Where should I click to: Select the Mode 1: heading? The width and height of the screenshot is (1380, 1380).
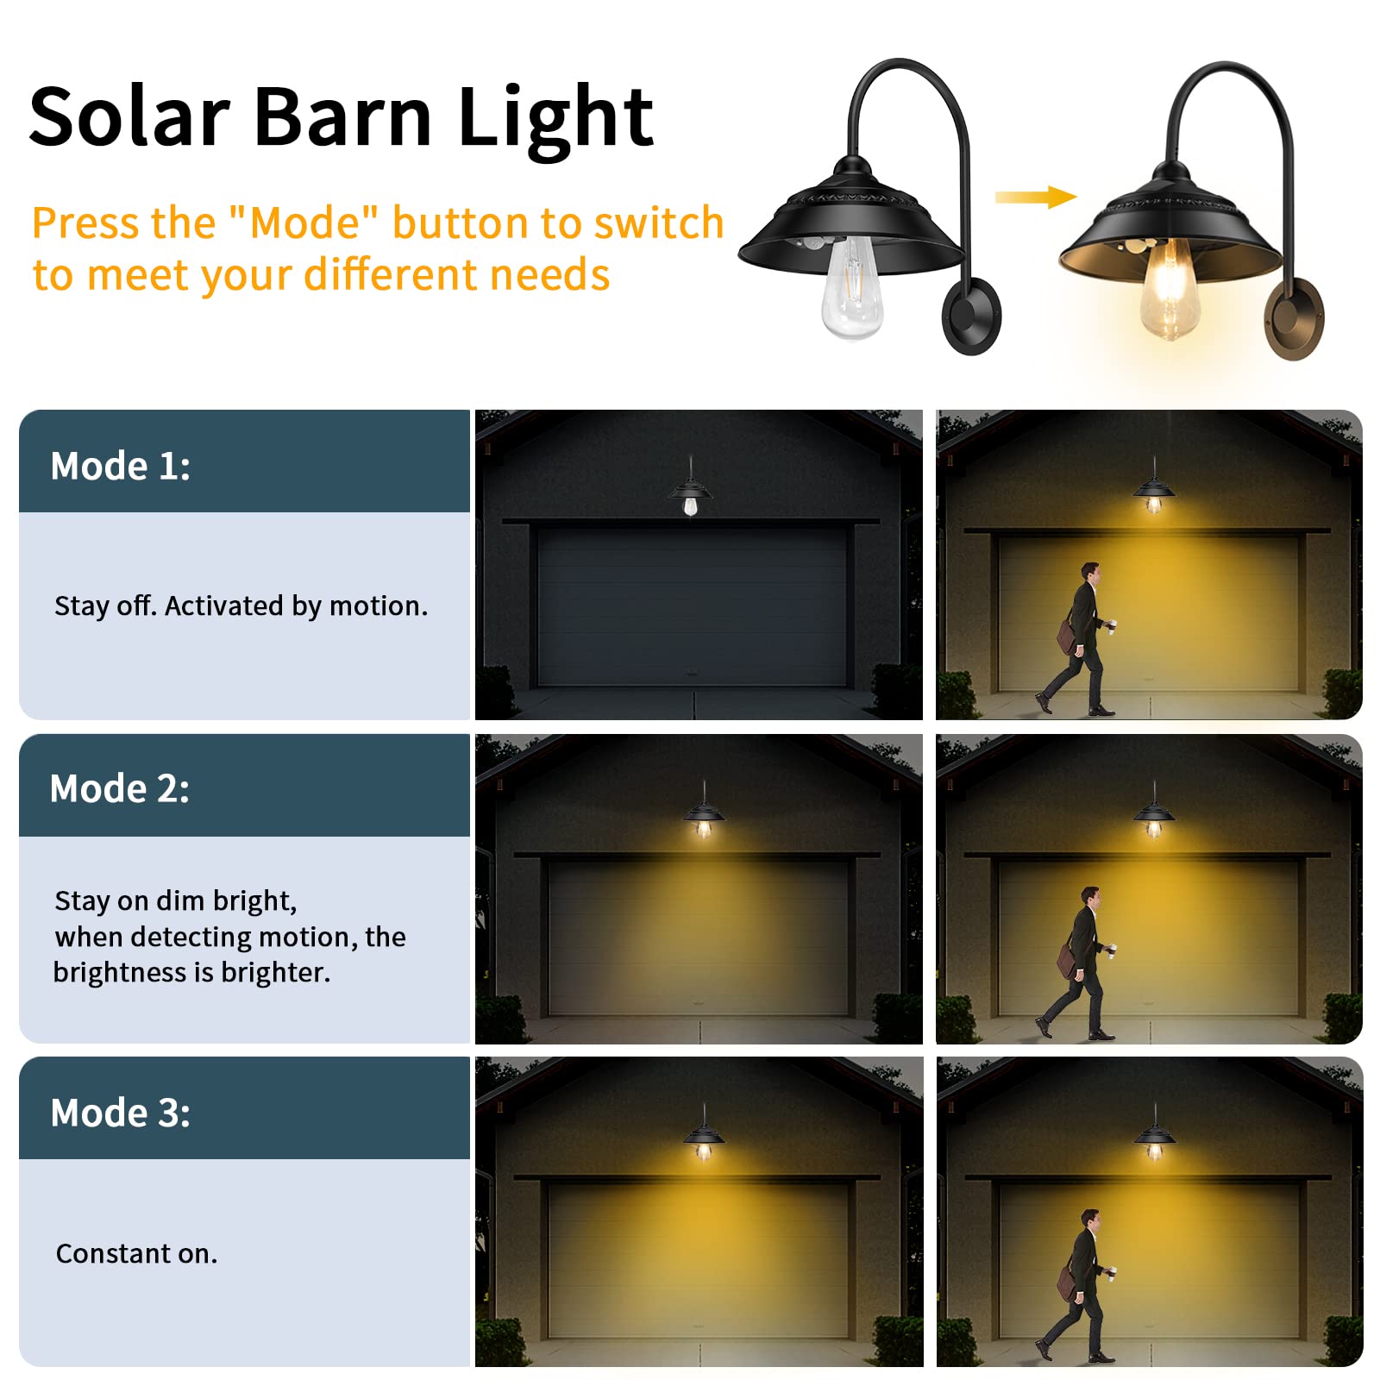click(121, 466)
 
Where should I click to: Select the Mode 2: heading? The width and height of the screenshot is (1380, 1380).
click(120, 788)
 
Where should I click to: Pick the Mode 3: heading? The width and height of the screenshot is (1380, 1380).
click(121, 1113)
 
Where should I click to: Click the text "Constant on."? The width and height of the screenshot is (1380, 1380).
click(136, 1253)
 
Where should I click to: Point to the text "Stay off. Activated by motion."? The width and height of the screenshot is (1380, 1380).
click(241, 606)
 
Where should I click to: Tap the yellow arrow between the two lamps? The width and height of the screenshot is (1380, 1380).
click(1036, 198)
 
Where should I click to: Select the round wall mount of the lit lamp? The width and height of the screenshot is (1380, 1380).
click(1294, 318)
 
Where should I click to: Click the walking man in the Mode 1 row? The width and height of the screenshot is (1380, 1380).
click(1078, 639)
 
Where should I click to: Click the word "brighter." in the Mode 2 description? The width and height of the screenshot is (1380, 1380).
click(276, 973)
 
